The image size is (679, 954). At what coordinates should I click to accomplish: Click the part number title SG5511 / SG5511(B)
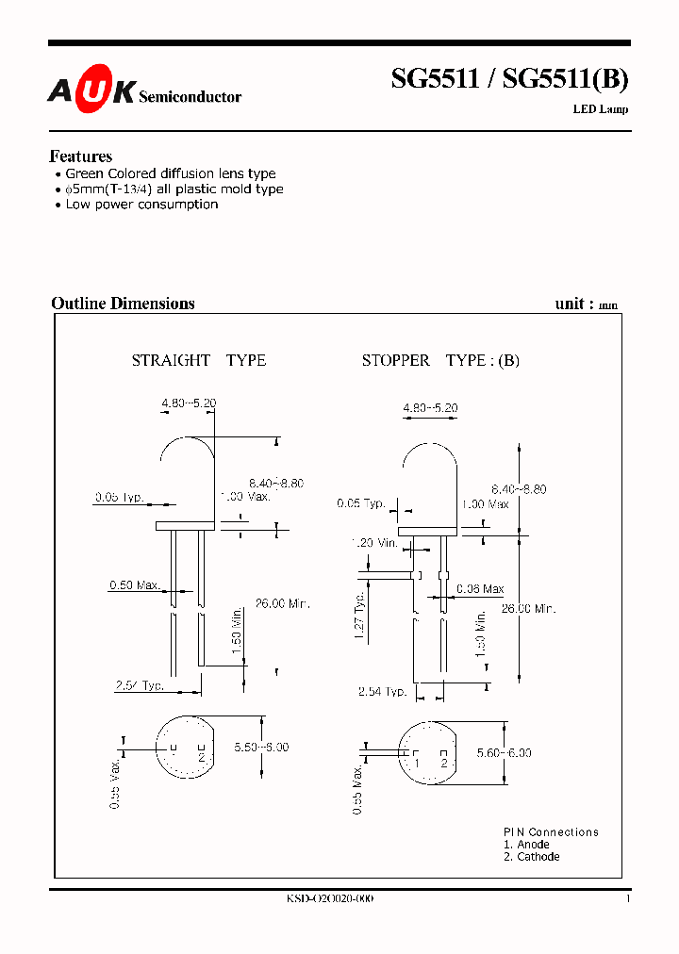[x=509, y=79]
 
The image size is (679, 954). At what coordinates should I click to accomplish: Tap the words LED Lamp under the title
[x=600, y=109]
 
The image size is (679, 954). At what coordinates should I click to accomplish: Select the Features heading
[x=80, y=156]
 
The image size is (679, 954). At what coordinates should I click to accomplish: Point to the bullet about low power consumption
[x=141, y=204]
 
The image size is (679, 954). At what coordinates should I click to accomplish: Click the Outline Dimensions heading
[x=123, y=304]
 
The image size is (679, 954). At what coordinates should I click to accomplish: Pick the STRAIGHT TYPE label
[x=198, y=360]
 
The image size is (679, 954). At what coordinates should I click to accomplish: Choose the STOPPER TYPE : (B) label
[x=440, y=360]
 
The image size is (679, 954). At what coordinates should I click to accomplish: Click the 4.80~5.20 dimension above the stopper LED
[x=430, y=408]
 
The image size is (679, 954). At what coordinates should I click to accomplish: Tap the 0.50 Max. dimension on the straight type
[x=134, y=585]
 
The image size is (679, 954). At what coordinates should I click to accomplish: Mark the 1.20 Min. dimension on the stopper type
[x=374, y=543]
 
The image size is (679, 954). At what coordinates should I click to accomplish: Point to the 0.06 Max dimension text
[x=480, y=589]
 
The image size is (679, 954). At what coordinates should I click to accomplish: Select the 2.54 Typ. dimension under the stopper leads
[x=382, y=692]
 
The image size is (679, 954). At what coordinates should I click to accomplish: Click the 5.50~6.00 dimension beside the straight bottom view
[x=261, y=747]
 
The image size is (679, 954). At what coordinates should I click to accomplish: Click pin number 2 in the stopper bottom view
[x=443, y=762]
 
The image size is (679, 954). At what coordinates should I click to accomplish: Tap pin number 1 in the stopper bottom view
[x=416, y=762]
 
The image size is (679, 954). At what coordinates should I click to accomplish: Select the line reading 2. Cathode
[x=531, y=857]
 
